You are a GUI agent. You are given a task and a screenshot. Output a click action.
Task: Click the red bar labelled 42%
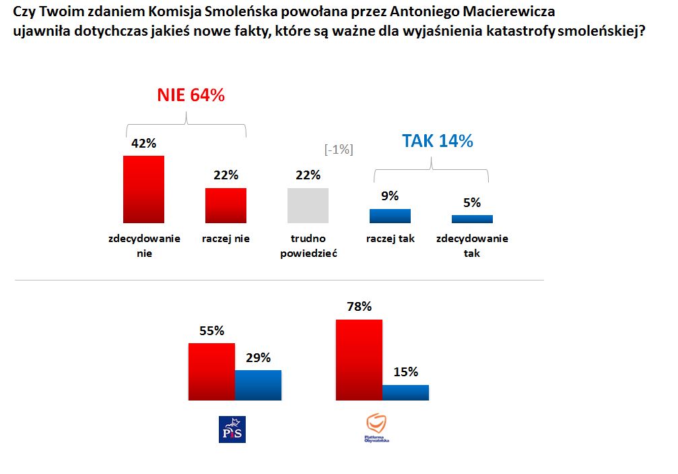point(143,189)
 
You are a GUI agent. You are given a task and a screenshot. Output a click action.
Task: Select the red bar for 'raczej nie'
point(226,206)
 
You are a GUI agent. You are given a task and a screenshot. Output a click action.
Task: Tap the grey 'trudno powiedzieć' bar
point(308,206)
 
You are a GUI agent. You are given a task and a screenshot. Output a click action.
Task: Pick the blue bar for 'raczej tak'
point(390,216)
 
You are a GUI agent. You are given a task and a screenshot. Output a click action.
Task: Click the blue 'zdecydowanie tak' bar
point(472,219)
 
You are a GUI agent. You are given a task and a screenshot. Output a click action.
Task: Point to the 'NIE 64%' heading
point(191,96)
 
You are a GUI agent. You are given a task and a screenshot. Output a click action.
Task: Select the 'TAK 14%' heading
point(437,141)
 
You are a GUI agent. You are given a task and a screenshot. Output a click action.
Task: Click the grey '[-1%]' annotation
point(339,150)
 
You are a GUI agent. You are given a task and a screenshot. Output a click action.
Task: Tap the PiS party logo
point(233,429)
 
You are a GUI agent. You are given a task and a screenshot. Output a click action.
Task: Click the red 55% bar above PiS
point(211,372)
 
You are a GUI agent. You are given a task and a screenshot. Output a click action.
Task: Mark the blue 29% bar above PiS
point(258,385)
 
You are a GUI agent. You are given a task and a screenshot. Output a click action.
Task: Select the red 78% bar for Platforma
point(359,360)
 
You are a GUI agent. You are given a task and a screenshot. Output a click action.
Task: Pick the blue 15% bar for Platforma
point(405,392)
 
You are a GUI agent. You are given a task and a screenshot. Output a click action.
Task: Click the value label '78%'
point(358,307)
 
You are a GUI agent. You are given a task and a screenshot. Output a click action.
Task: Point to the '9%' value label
point(390,196)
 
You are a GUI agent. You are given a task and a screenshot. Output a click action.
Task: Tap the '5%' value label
point(472,202)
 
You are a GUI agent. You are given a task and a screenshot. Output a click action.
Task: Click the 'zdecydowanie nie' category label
point(144,246)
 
